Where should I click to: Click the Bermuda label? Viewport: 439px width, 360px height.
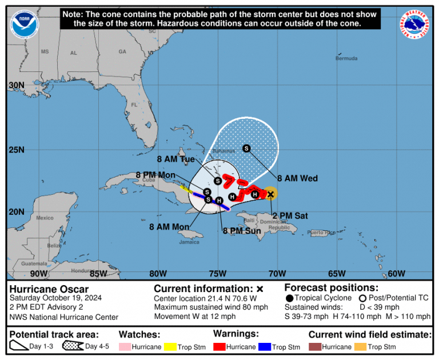tap(346, 58)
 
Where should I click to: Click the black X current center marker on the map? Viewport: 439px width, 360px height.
tap(271, 194)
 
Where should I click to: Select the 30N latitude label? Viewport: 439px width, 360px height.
tap(16, 85)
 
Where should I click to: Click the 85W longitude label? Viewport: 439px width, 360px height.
tap(98, 273)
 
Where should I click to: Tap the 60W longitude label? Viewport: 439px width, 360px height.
tap(396, 273)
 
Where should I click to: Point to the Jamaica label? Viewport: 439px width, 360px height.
tap(189, 242)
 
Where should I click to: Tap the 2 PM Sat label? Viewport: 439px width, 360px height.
tap(290, 215)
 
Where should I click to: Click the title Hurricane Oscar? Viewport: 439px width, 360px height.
tap(49, 289)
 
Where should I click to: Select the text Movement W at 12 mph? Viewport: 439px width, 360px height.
tap(194, 317)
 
